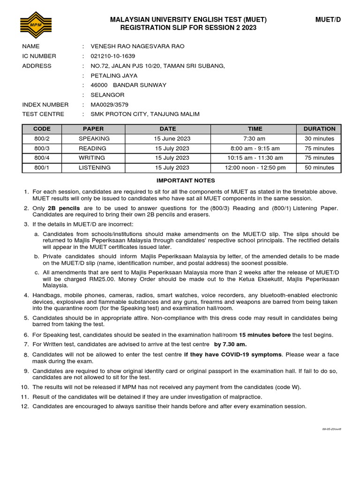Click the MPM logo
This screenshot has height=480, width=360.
[x=36, y=25]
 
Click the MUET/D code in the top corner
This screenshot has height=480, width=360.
[x=328, y=20]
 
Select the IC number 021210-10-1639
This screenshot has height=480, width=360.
[x=112, y=56]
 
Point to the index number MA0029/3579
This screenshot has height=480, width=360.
[x=109, y=105]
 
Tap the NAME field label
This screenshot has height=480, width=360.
[x=31, y=46]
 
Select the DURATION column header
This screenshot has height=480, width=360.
[x=319, y=129]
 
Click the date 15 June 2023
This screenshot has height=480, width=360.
[x=172, y=139]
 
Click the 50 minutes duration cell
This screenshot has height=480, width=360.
[x=319, y=168]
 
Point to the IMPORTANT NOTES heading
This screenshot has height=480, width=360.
[x=186, y=180]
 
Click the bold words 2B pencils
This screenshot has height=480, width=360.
[x=64, y=208]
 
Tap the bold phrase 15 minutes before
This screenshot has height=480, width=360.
[x=265, y=335]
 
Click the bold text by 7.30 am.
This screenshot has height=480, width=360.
[x=230, y=345]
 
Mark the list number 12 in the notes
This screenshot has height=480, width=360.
[x=25, y=406]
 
